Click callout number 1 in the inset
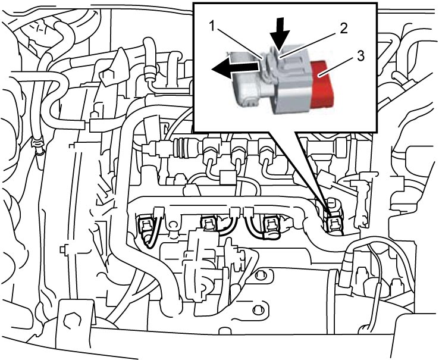point(213,26)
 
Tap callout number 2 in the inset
point(344,29)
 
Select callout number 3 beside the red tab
point(360,56)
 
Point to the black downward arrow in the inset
point(279,33)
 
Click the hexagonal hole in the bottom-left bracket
point(73,320)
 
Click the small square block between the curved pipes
point(227,177)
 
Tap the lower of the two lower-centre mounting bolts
point(257,309)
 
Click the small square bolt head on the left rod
point(64,249)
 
